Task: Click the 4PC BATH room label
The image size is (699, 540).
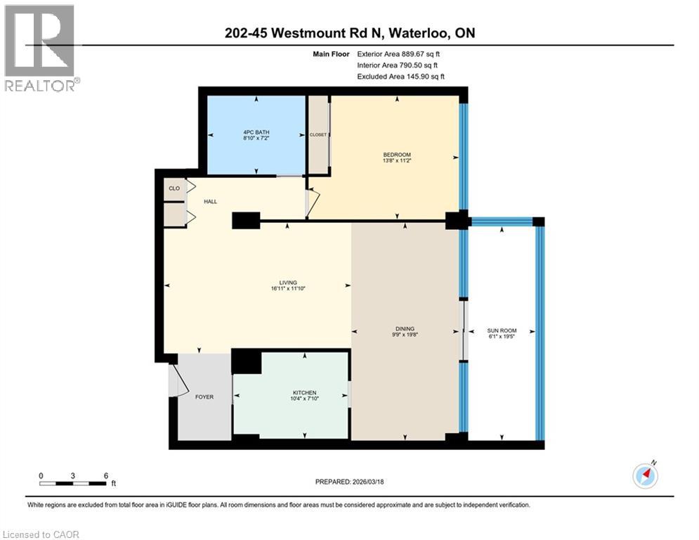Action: [x=255, y=132]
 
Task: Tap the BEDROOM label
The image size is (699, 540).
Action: [x=396, y=155]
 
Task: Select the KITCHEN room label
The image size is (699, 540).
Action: [x=304, y=393]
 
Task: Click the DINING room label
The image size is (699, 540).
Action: [x=405, y=328]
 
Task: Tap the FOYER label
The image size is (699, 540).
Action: [x=204, y=397]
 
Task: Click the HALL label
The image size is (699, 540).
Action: [x=210, y=202]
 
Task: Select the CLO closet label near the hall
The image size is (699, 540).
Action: [x=174, y=188]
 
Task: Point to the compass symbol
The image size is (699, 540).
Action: [x=645, y=475]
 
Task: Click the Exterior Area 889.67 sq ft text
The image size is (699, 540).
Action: [x=398, y=53]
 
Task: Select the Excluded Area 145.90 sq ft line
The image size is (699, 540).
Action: [x=400, y=77]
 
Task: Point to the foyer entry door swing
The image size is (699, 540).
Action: [x=178, y=380]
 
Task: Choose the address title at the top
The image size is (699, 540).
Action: [x=349, y=32]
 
